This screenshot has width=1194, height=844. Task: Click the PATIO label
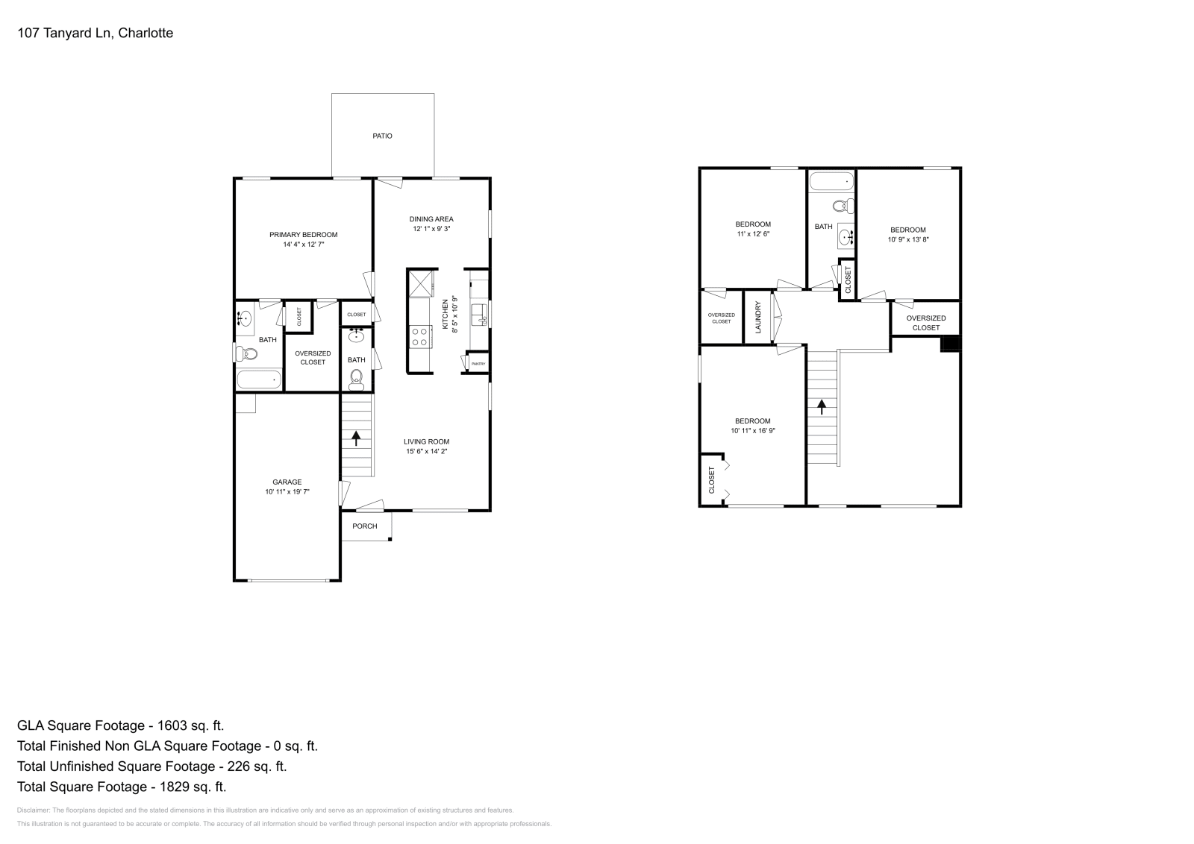pyautogui.click(x=382, y=136)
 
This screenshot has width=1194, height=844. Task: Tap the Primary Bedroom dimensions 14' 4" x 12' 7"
pyautogui.click(x=304, y=245)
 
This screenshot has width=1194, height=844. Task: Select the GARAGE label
pyautogui.click(x=287, y=482)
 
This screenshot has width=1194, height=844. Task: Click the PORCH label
pyautogui.click(x=365, y=526)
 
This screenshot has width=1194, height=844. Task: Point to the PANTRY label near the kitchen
pyautogui.click(x=478, y=364)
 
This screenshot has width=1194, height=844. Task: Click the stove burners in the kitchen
pyautogui.click(x=419, y=337)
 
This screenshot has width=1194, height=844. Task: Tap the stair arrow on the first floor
pyautogui.click(x=356, y=438)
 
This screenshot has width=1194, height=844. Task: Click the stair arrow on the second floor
pyautogui.click(x=822, y=406)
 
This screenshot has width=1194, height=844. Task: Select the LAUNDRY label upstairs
pyautogui.click(x=758, y=317)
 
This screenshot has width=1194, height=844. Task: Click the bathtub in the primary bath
pyautogui.click(x=259, y=380)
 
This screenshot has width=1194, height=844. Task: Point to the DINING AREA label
pyautogui.click(x=431, y=219)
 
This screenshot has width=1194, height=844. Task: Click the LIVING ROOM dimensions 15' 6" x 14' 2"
pyautogui.click(x=427, y=451)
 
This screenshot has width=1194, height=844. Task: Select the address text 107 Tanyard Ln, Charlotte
pyautogui.click(x=96, y=33)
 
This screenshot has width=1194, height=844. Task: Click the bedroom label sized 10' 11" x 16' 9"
pyautogui.click(x=752, y=421)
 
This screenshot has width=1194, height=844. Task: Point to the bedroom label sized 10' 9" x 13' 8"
pyautogui.click(x=907, y=230)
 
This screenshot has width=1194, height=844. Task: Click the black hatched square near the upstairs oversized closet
pyautogui.click(x=949, y=344)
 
